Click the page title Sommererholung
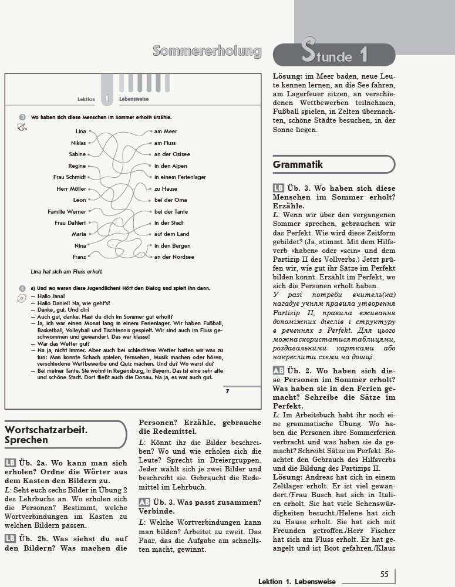207,52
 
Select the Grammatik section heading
298,165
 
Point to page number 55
384,575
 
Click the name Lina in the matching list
80,131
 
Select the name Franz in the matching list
79,257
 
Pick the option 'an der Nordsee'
174,257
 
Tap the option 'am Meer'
165,131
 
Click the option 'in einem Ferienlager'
178,177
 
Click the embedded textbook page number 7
227,392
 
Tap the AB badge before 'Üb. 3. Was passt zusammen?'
144,501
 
